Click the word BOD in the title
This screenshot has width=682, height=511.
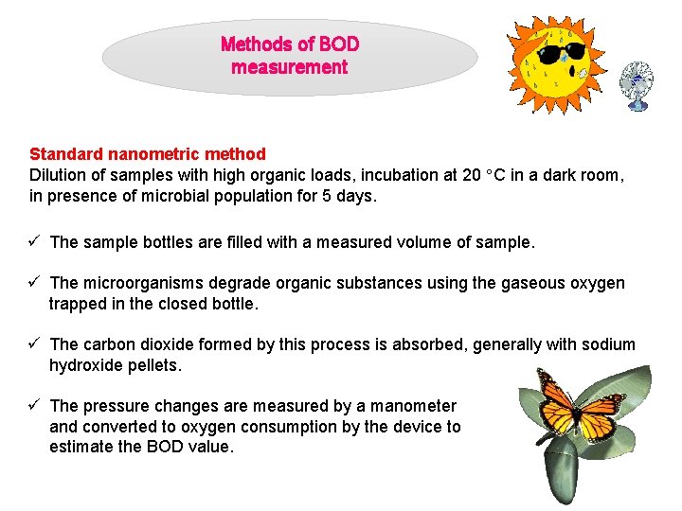339,44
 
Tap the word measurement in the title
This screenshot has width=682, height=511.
289,67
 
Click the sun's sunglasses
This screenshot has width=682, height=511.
560,52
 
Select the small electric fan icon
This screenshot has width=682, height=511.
636,84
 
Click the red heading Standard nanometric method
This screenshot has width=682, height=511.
148,153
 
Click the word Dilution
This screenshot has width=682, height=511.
59,175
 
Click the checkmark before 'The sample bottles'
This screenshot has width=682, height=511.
35,241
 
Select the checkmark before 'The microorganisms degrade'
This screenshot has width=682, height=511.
35,283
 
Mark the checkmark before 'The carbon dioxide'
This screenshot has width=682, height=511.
35,344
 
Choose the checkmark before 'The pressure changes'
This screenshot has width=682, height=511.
35,406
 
